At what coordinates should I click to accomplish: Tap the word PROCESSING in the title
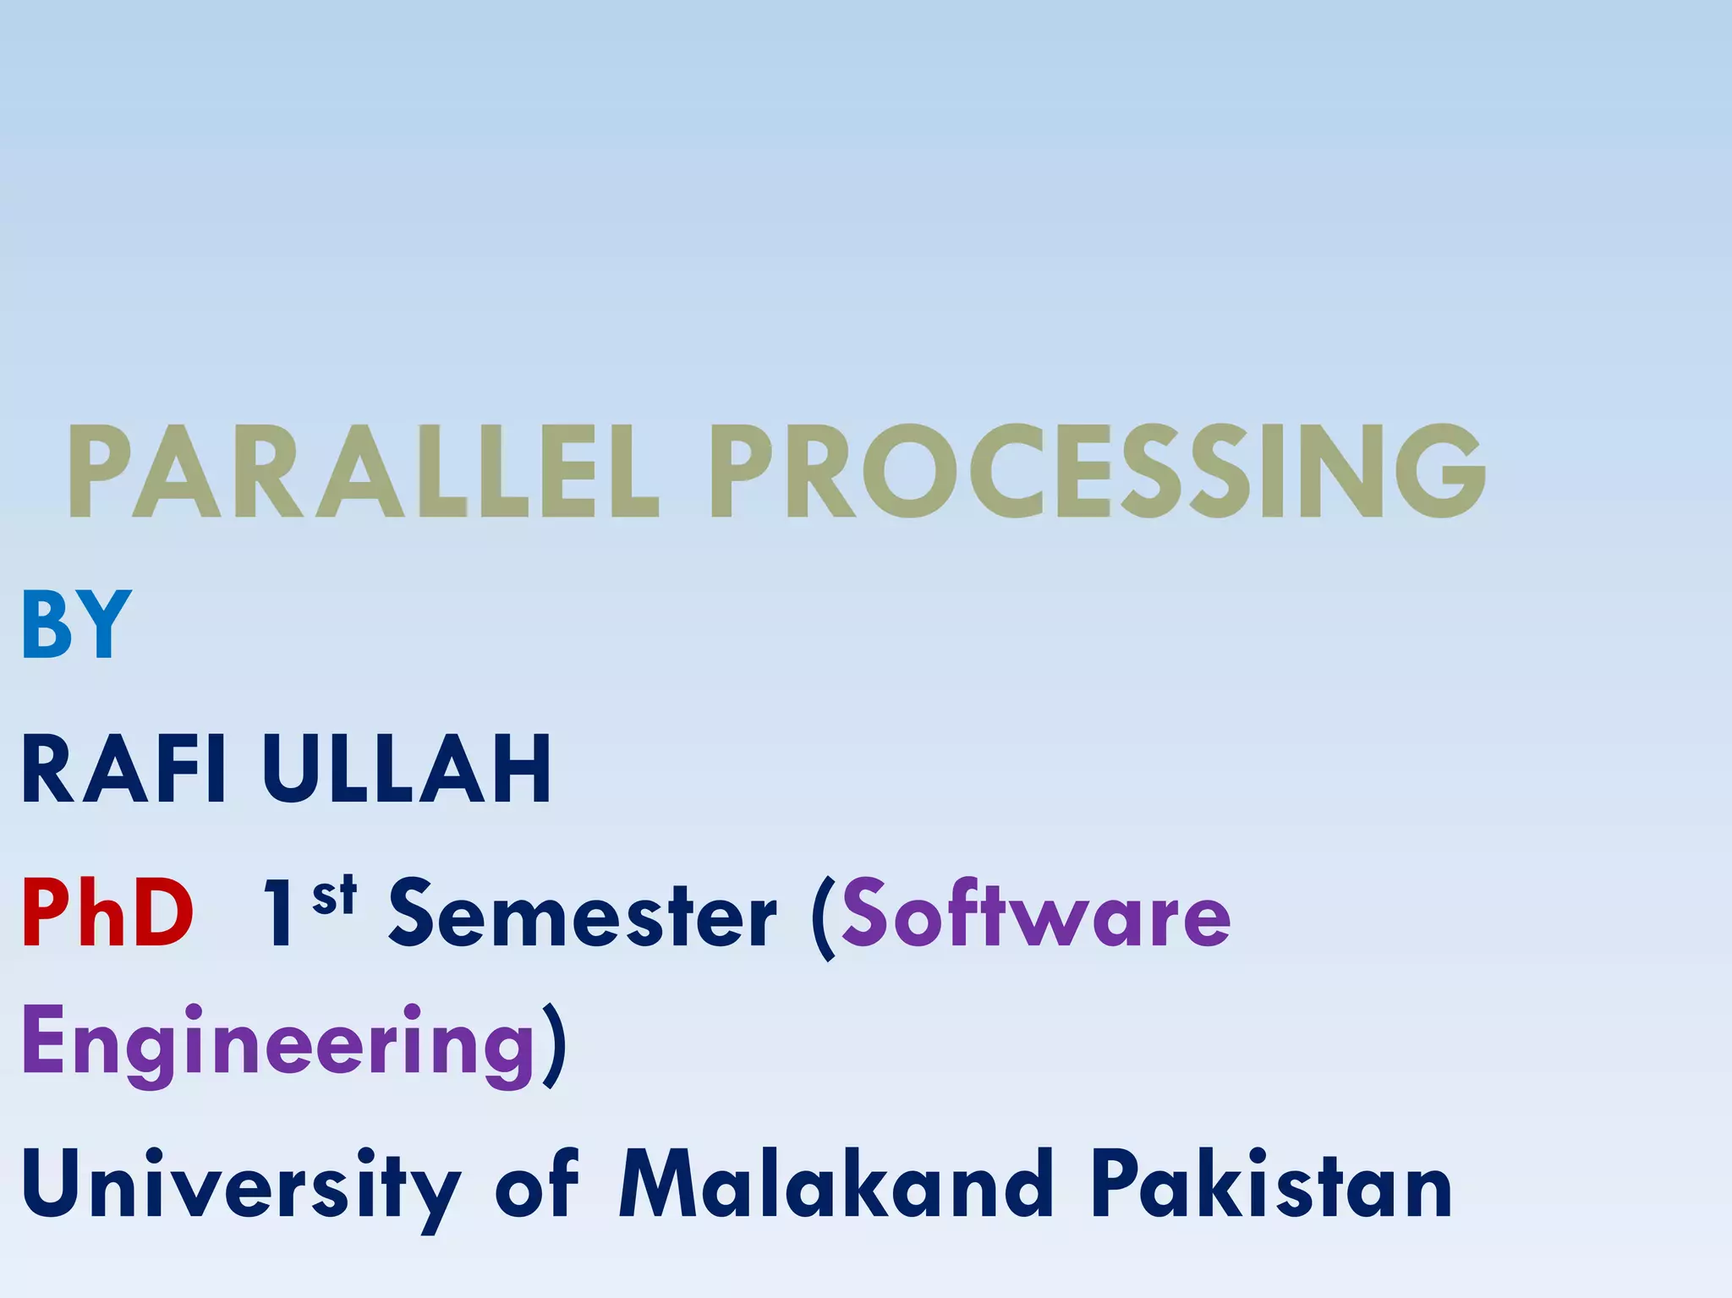tap(1097, 471)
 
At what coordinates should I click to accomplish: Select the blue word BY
tap(76, 626)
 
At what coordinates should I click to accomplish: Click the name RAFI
tap(123, 769)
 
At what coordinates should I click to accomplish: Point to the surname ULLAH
tap(407, 769)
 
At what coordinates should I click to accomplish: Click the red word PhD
tap(107, 914)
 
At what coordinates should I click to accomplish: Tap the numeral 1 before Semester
tap(280, 914)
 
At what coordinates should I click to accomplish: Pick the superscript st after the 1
tap(334, 896)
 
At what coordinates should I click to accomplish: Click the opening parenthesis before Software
tap(822, 918)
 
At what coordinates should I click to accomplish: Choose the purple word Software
tap(1035, 914)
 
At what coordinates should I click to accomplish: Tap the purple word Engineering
tap(278, 1045)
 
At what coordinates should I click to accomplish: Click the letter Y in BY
tap(105, 626)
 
